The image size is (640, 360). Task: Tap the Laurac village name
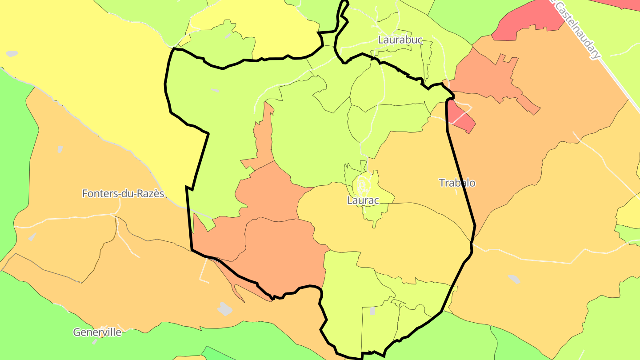point(363,200)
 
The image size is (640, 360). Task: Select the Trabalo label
point(457,183)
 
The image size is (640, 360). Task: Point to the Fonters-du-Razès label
point(123,193)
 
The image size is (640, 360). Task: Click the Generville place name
point(97,332)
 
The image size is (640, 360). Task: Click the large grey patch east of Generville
point(225,308)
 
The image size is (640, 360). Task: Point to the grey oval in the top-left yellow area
point(12,54)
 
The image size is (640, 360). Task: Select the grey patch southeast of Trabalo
point(514,279)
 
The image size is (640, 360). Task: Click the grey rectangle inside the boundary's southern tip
point(372,311)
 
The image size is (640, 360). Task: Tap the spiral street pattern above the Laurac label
point(362,184)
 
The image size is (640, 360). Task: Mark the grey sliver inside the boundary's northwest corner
point(215,90)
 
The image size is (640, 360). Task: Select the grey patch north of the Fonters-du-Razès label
point(60,149)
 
